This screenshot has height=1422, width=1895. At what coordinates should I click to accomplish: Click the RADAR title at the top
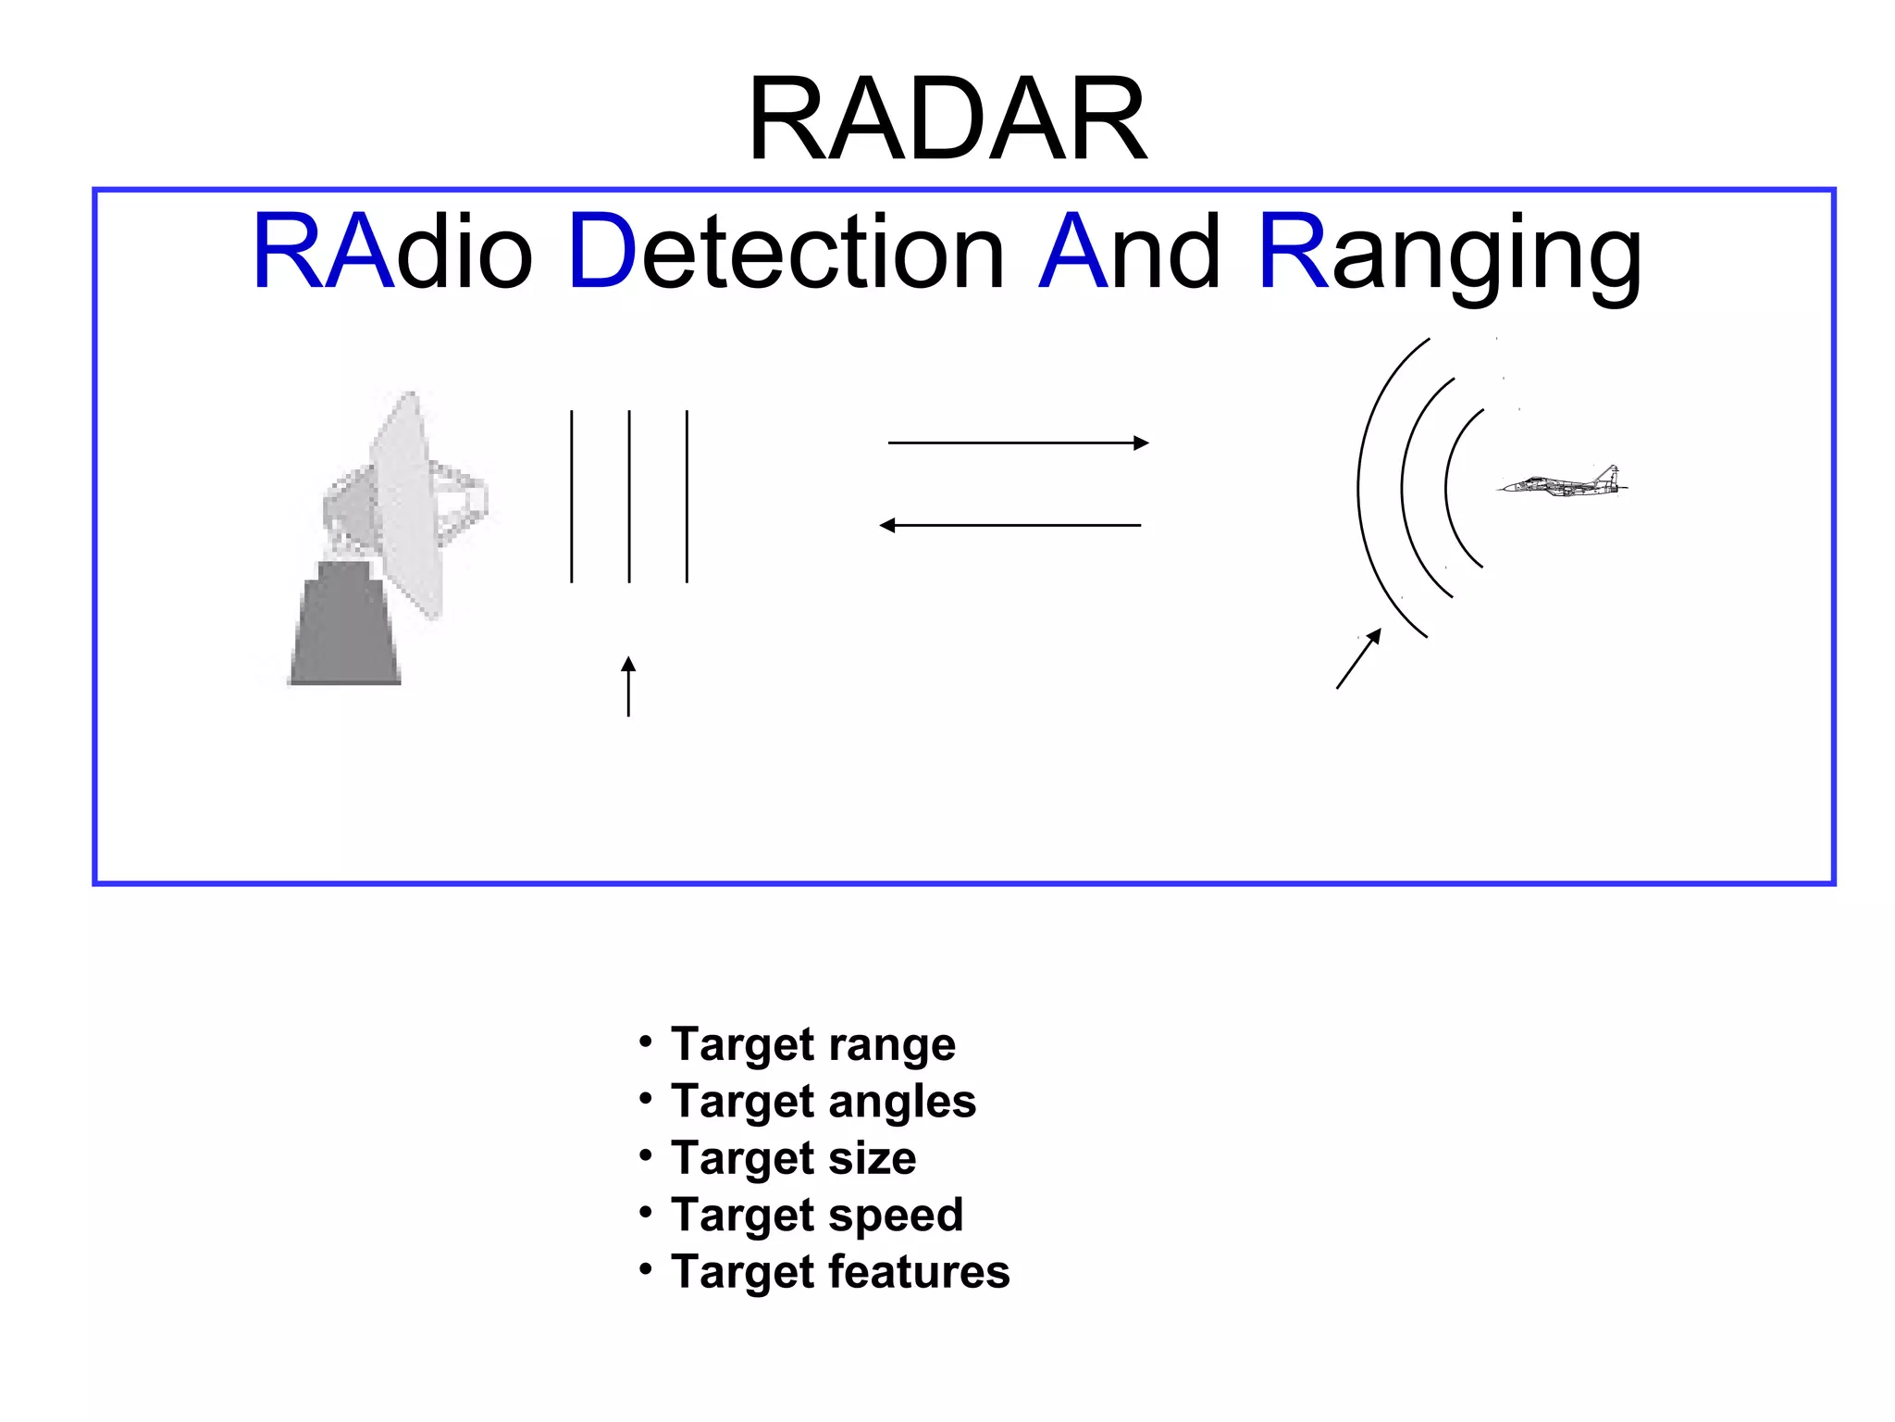(x=947, y=120)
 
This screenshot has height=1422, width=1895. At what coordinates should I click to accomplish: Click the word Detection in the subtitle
(x=786, y=252)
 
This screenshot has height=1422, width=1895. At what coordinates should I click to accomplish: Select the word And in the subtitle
(x=1129, y=252)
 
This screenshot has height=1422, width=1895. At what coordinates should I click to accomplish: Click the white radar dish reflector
(x=407, y=505)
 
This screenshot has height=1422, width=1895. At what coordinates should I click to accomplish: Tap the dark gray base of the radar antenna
(x=344, y=626)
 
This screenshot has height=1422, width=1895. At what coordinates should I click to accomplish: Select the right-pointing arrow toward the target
(x=1018, y=443)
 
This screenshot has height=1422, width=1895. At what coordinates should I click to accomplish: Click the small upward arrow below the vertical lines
(x=628, y=686)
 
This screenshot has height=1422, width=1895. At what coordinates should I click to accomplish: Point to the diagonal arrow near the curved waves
(x=1358, y=659)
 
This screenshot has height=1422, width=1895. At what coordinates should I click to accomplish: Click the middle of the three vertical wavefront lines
(x=629, y=495)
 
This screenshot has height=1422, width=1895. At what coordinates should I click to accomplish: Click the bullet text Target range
(x=812, y=1044)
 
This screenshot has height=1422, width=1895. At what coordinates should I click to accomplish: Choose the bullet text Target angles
(x=823, y=1102)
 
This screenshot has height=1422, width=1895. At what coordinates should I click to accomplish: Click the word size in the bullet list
(x=872, y=1158)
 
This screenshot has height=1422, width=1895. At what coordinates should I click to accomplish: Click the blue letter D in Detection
(x=601, y=252)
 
